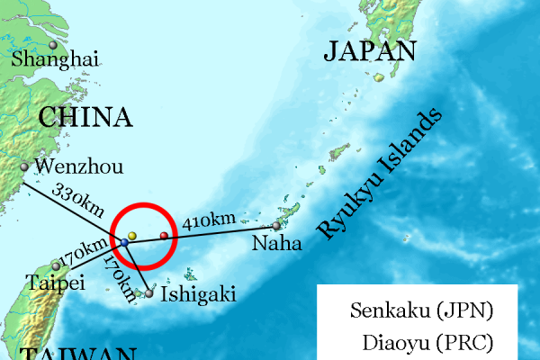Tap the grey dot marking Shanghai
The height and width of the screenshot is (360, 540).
click(x=54, y=44)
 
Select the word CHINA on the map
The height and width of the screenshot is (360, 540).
click(x=85, y=117)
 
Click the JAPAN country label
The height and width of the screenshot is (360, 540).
click(x=371, y=51)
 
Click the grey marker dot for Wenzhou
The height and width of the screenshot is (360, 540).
click(x=25, y=166)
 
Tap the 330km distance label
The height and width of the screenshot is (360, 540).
click(x=77, y=200)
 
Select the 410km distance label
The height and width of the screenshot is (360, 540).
click(x=209, y=221)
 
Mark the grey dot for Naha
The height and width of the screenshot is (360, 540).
click(x=276, y=226)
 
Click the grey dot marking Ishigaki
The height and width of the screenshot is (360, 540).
click(x=149, y=292)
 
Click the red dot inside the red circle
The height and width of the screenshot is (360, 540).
click(x=164, y=236)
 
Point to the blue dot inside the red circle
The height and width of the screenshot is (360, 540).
click(x=124, y=242)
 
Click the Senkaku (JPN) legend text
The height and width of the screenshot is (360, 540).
click(x=422, y=312)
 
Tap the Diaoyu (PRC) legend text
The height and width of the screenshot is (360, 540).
click(x=427, y=343)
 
